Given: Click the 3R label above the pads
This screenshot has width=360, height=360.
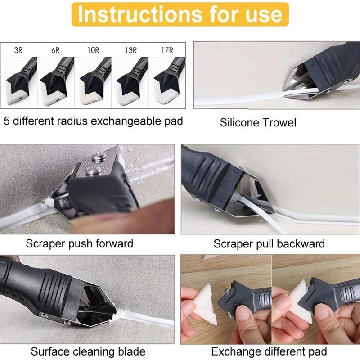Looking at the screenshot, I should [18, 50].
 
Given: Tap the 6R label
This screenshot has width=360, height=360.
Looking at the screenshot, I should [55, 50].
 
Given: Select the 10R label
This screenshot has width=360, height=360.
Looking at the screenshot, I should [93, 50].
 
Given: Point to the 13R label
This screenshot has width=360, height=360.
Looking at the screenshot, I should [130, 50].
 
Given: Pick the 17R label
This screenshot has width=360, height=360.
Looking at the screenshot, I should [166, 50].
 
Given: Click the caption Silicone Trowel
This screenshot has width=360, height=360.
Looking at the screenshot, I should [258, 122].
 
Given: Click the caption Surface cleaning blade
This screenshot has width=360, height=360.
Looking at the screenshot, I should [88, 351].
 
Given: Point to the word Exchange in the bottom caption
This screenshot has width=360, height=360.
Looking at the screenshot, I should [237, 351].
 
